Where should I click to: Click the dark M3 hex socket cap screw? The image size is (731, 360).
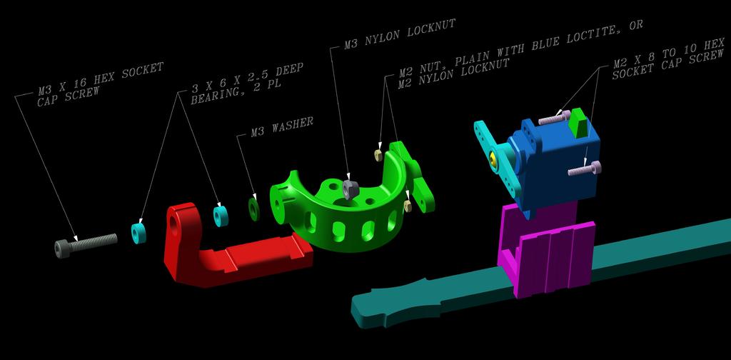[x=86, y=245]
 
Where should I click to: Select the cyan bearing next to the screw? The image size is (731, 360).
[x=138, y=233]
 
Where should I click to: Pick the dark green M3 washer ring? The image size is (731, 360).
[x=253, y=209]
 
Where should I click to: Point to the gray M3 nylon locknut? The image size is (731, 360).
[x=350, y=189]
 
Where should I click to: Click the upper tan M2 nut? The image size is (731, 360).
[x=378, y=155]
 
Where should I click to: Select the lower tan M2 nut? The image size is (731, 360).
[x=408, y=206]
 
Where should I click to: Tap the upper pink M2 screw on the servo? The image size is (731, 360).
[x=554, y=118]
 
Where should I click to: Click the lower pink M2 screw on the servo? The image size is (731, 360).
[x=585, y=169]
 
